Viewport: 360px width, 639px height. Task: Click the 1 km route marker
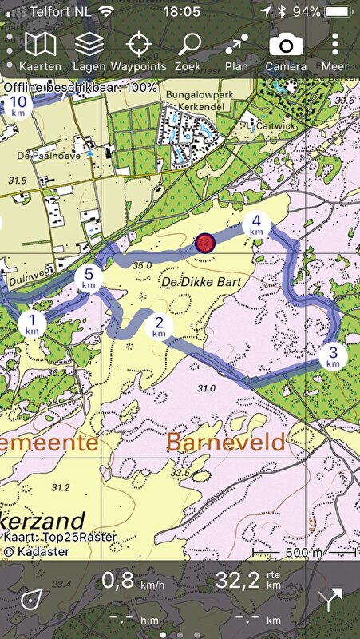click(x=33, y=323)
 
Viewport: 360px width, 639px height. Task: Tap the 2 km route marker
click(x=159, y=326)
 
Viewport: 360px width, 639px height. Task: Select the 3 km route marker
click(x=333, y=356)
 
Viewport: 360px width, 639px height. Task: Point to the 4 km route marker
click(x=256, y=224)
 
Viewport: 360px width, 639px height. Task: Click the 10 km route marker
click(x=18, y=106)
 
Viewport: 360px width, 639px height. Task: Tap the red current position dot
click(x=205, y=243)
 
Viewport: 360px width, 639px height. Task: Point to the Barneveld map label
click(x=225, y=442)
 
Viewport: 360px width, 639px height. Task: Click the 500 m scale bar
click(x=303, y=552)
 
